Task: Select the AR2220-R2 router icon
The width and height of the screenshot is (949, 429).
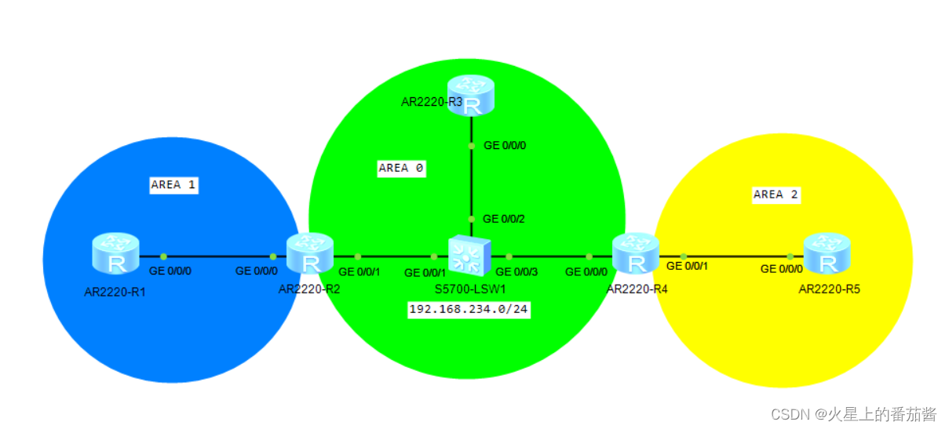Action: pyautogui.click(x=310, y=253)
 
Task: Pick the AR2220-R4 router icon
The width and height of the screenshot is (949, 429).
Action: pyautogui.click(x=635, y=252)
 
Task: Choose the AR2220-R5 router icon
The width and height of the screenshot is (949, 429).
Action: pyautogui.click(x=827, y=252)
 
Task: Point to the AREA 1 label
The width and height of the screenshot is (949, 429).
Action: pyautogui.click(x=173, y=185)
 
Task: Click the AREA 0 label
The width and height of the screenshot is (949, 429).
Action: pyautogui.click(x=401, y=168)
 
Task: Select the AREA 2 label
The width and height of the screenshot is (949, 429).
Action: pyautogui.click(x=776, y=195)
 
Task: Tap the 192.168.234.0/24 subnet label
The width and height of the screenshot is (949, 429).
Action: pyautogui.click(x=469, y=310)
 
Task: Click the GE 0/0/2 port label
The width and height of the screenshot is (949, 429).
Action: pyautogui.click(x=503, y=219)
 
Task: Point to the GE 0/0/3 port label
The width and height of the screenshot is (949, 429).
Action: pyautogui.click(x=517, y=272)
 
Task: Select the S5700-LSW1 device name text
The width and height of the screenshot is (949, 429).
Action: pyautogui.click(x=470, y=289)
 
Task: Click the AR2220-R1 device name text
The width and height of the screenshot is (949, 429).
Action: pyautogui.click(x=115, y=293)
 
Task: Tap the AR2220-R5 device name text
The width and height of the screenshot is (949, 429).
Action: pyautogui.click(x=830, y=289)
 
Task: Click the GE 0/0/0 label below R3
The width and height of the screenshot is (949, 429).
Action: pyautogui.click(x=505, y=145)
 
